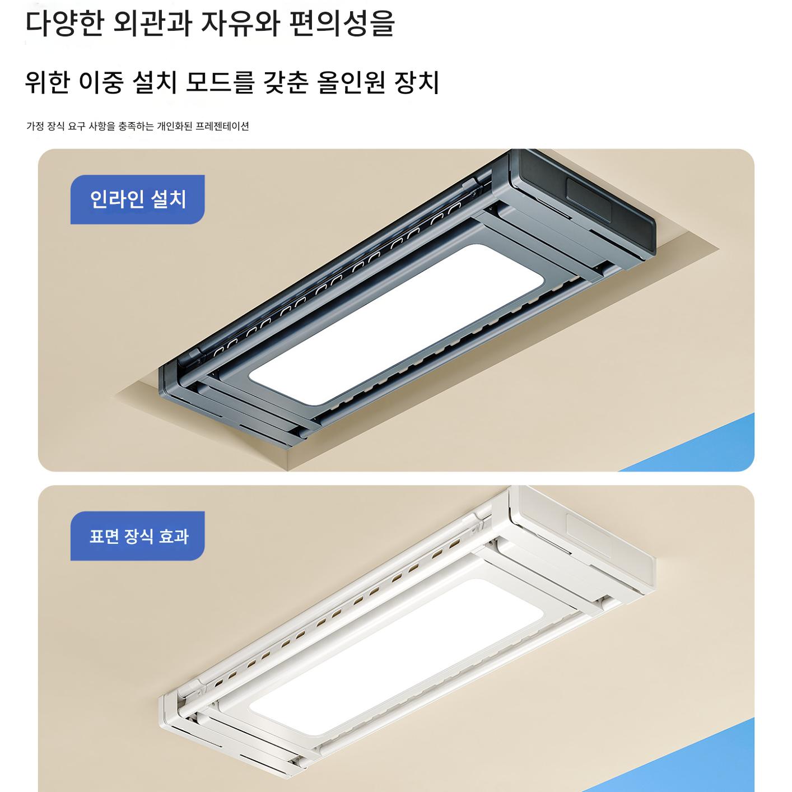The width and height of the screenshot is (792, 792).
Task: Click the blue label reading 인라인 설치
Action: click(137, 199)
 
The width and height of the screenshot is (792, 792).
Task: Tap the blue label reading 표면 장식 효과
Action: click(137, 536)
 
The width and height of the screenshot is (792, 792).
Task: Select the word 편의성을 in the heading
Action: click(342, 24)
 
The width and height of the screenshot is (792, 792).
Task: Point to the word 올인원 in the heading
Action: click(351, 82)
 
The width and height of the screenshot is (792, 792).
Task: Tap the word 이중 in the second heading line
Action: click(101, 82)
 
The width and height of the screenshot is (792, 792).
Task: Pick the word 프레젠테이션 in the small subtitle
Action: click(222, 126)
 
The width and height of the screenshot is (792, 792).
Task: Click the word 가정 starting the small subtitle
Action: click(35, 126)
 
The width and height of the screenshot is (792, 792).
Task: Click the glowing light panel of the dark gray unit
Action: click(397, 325)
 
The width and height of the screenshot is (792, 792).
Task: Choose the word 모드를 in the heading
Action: click(220, 82)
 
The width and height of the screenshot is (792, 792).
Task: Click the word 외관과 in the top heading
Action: click(152, 24)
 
